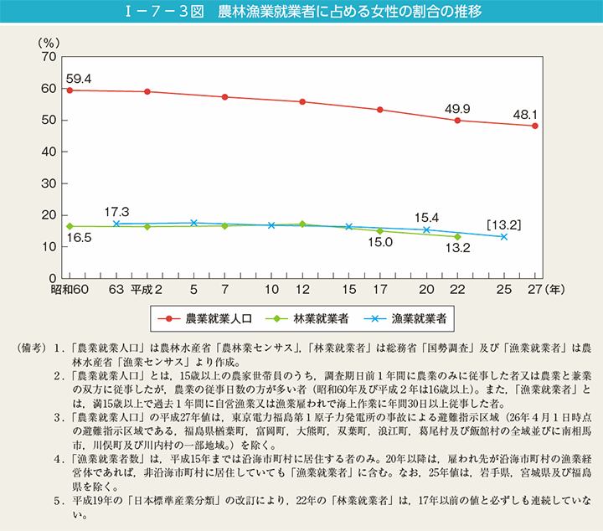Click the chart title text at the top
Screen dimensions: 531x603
tap(301, 13)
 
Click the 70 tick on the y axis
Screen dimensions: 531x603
tap(48, 57)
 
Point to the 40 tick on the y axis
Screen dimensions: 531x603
tap(48, 152)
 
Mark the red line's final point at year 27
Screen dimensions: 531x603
tap(535, 126)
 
